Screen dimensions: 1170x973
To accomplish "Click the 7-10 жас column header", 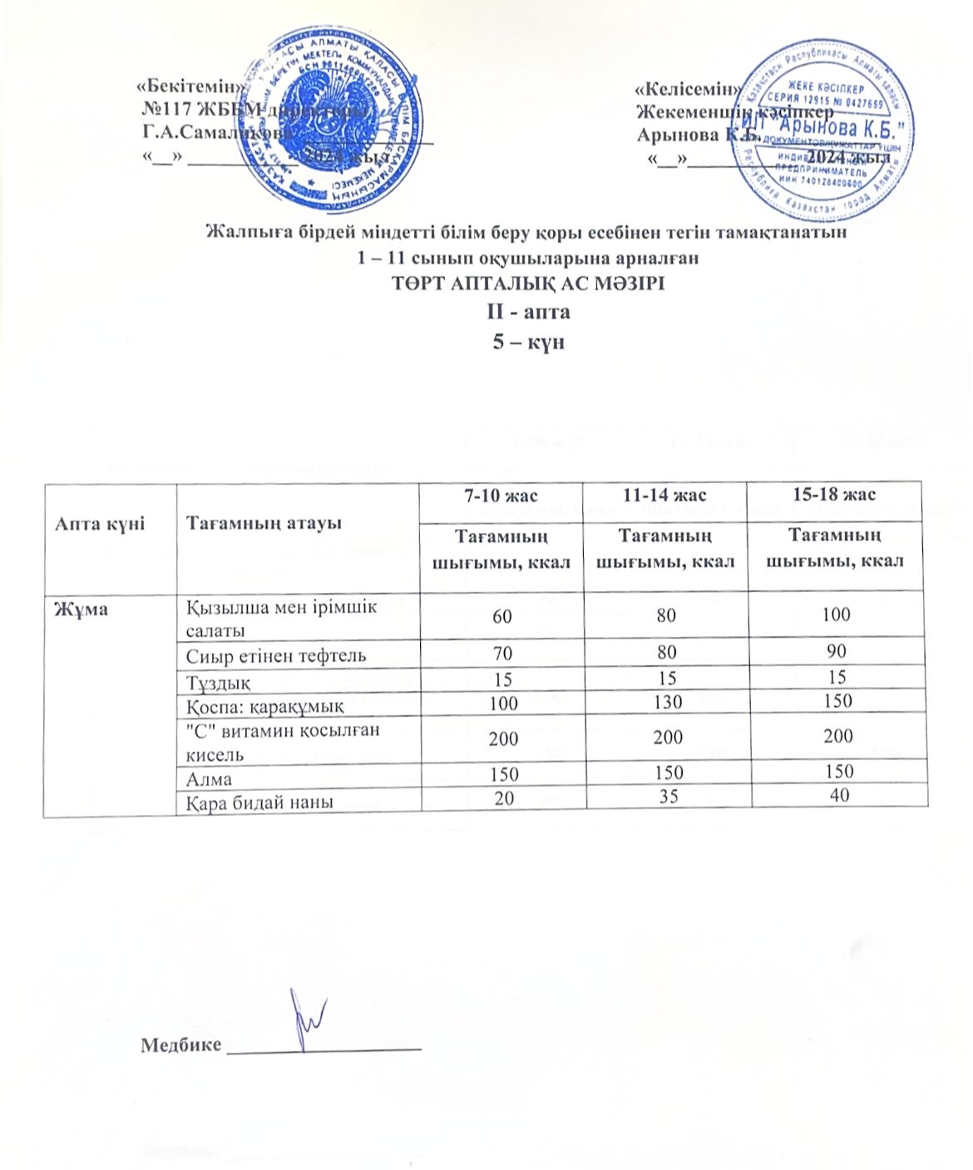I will click(501, 496).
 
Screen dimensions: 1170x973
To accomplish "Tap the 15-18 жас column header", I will click(835, 496).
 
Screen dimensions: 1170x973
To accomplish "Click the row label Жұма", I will click(74, 606).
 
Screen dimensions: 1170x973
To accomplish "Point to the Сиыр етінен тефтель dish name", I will click(275, 656).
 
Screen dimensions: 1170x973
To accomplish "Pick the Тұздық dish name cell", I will click(218, 681).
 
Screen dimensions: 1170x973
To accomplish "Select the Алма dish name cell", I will click(209, 779).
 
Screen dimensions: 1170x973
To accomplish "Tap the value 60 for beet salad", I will click(501, 615).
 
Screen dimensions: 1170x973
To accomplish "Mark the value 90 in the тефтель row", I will click(837, 651).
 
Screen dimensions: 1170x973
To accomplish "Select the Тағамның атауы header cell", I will click(264, 523).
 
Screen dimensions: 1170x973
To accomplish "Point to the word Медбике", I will click(181, 1045).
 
